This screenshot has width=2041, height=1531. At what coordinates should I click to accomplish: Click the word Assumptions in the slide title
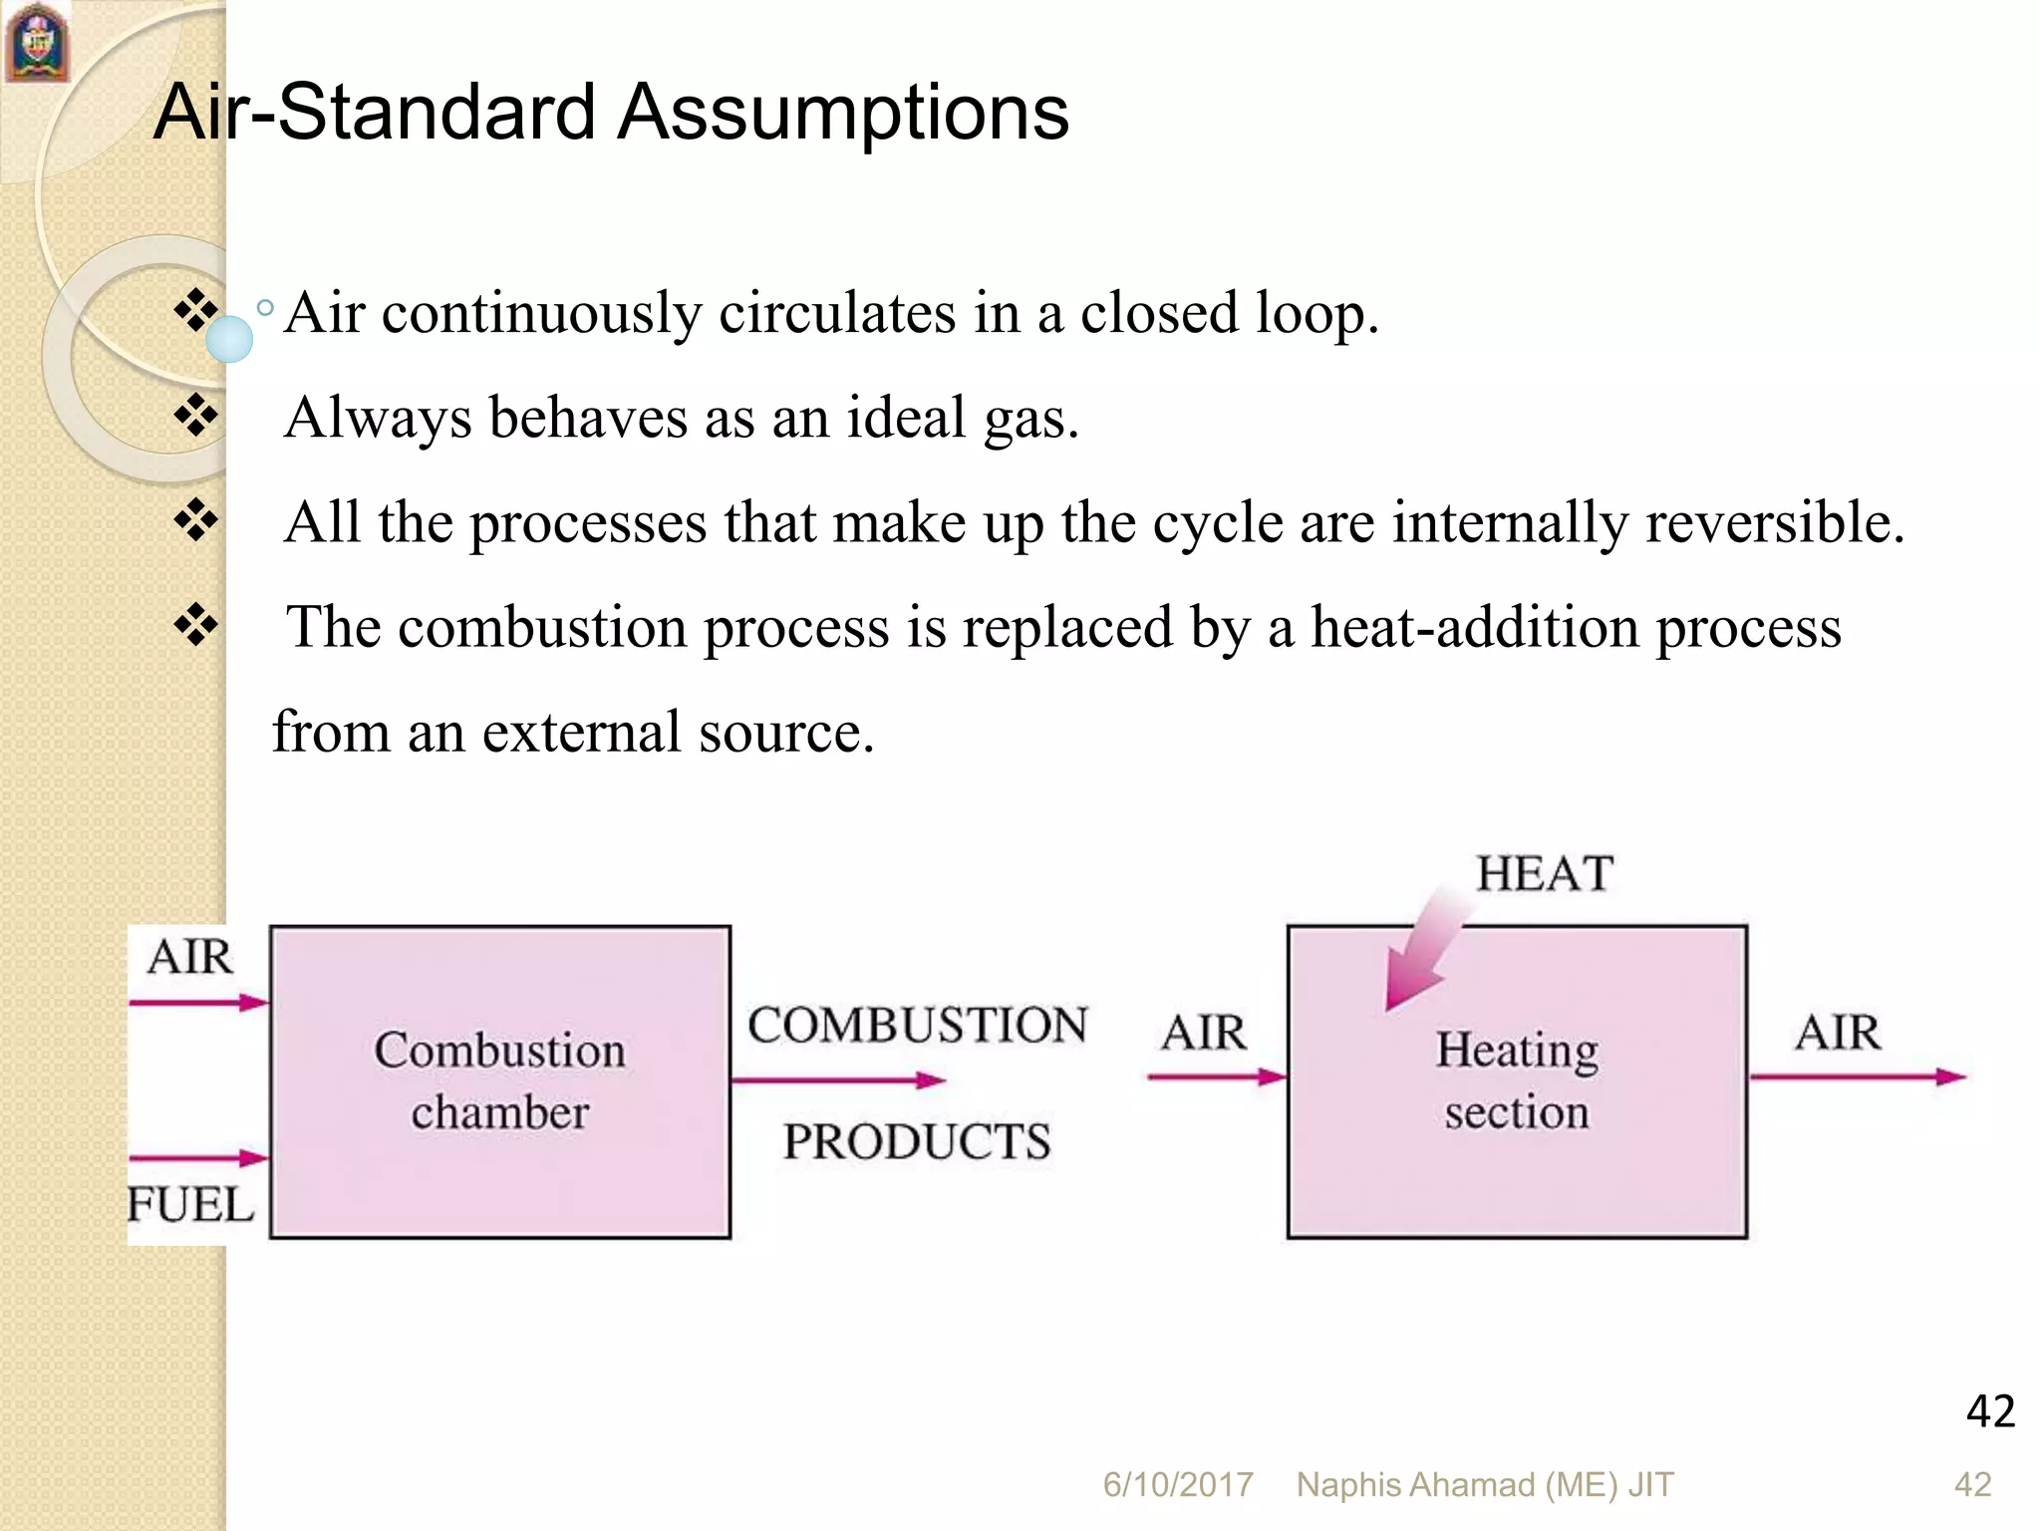point(842,112)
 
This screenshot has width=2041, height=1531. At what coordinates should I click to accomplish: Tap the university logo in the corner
point(37,42)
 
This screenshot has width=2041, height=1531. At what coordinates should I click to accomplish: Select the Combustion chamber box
point(499,1081)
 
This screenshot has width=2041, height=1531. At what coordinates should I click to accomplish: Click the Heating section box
point(1516,1081)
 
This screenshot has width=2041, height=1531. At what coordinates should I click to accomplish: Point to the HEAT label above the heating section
point(1544,874)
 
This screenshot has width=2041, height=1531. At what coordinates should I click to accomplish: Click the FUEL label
point(190,1204)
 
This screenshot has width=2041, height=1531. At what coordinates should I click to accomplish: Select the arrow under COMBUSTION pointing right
point(837,1079)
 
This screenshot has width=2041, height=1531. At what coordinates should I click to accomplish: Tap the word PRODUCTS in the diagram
point(916,1141)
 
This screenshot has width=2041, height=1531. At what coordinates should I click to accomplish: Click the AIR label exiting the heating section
point(1837,1032)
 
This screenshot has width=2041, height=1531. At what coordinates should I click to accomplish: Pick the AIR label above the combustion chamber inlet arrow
point(189,957)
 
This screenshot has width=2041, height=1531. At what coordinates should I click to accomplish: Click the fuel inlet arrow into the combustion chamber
point(198,1158)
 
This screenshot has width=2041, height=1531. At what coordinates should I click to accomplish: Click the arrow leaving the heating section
point(1857,1076)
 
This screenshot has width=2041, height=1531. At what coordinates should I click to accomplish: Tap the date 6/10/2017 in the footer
point(1177,1485)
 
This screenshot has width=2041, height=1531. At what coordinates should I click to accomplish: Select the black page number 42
point(1990,1411)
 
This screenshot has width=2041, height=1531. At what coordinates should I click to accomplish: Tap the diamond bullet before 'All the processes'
point(196,520)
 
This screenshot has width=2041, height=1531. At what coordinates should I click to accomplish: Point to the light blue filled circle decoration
point(229,339)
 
